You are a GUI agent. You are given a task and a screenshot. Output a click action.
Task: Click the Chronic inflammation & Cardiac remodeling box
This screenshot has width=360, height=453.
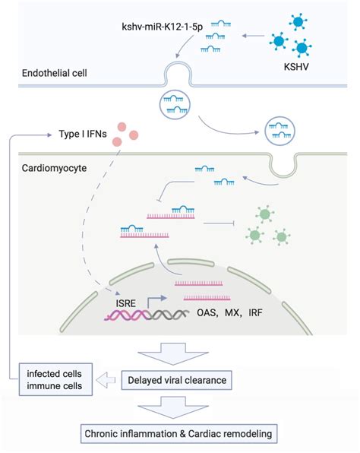pyautogui.click(x=180, y=434)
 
